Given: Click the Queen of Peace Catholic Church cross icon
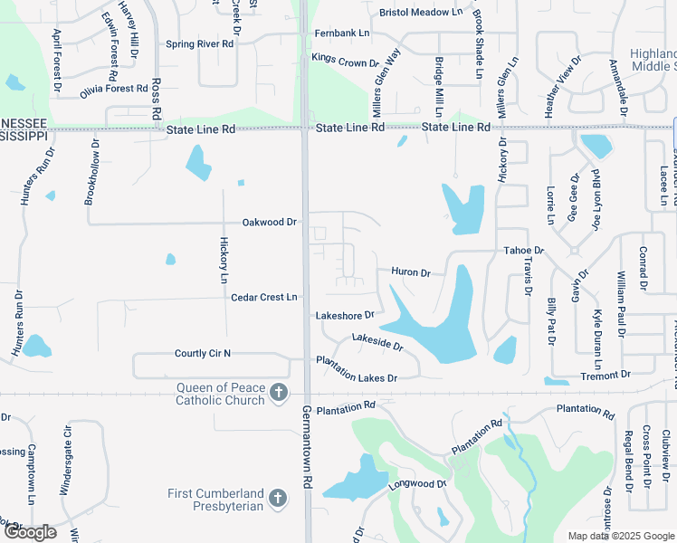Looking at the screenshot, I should click(x=279, y=393).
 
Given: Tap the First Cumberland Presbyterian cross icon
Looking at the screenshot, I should click(x=278, y=499).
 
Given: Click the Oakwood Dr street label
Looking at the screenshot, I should click(x=269, y=222).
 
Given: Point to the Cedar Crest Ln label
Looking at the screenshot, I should click(x=264, y=297).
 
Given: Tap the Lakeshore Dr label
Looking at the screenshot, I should click(x=344, y=315).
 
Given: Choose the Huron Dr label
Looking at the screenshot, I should click(x=410, y=271).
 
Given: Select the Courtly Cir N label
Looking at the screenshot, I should click(x=203, y=353).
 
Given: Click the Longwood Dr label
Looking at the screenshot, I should click(x=418, y=484).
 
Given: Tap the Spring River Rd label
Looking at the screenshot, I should click(x=200, y=43).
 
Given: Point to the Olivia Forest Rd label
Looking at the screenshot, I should click(x=113, y=90).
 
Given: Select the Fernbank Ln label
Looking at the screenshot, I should click(x=342, y=33).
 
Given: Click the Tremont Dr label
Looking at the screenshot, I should click(x=606, y=375).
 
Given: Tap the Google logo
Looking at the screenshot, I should click(x=29, y=532).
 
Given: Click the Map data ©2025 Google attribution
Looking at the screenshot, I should click(x=621, y=536).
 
